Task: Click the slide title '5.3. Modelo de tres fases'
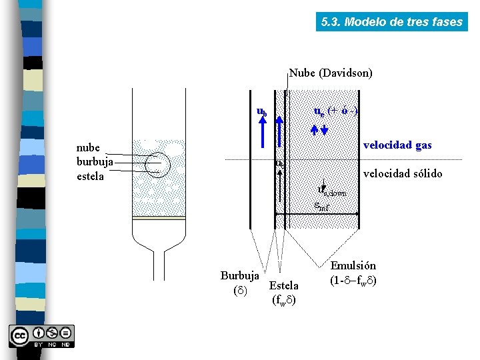(x=391, y=21)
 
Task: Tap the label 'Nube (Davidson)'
(x=331, y=73)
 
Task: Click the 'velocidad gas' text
(x=397, y=145)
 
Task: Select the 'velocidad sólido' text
(x=402, y=173)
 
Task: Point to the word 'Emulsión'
(x=353, y=265)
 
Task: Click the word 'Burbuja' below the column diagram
(x=240, y=275)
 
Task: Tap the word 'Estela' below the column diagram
(x=283, y=286)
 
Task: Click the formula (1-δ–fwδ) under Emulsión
(x=353, y=280)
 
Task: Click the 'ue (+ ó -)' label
(x=335, y=110)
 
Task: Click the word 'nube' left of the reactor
(x=89, y=148)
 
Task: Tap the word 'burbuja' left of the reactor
(x=95, y=162)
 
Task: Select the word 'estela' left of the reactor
(x=91, y=176)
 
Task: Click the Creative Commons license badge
(x=41, y=336)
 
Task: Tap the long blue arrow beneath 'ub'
(x=262, y=133)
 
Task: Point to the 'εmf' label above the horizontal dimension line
(x=321, y=206)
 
